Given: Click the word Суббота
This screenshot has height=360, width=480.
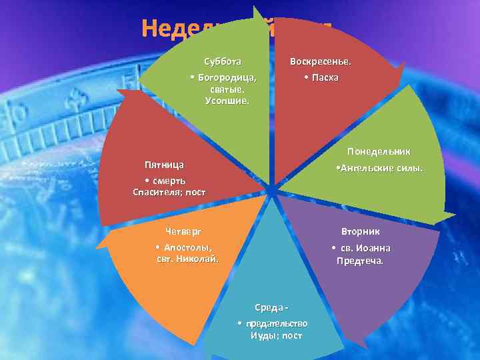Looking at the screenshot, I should [223, 62].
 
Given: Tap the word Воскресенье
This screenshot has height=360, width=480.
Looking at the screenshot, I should [321, 62].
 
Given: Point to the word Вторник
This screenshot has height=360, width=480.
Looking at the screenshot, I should [361, 231].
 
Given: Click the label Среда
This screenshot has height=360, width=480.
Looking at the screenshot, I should [270, 307].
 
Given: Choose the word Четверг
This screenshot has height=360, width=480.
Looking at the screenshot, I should [183, 231].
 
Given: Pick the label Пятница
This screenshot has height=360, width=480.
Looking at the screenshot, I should [165, 164].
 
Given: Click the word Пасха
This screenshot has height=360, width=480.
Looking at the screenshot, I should [325, 77].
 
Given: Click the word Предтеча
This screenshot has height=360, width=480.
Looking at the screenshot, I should [361, 261].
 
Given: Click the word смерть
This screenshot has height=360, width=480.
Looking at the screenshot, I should [169, 181].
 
